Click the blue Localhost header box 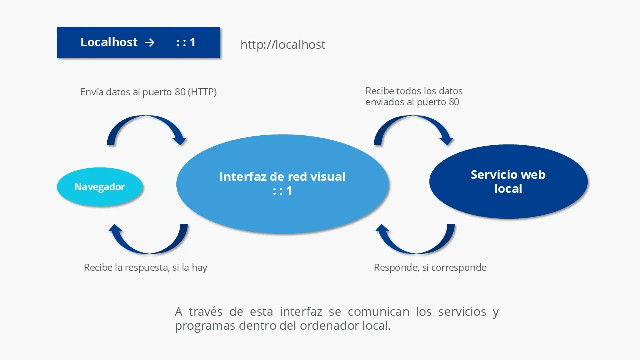pyautogui.click(x=138, y=42)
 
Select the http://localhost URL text pyautogui.click(x=283, y=45)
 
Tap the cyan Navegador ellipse pyautogui.click(x=100, y=187)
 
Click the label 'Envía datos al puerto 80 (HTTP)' pyautogui.click(x=148, y=92)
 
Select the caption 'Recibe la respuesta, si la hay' pyautogui.click(x=145, y=268)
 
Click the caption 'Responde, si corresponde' pyautogui.click(x=430, y=268)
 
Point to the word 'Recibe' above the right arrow pyautogui.click(x=379, y=91)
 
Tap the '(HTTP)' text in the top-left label pyautogui.click(x=202, y=92)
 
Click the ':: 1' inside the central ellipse pyautogui.click(x=282, y=191)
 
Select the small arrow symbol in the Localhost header pyautogui.click(x=149, y=42)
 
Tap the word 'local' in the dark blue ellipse pyautogui.click(x=508, y=189)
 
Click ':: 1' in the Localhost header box pyautogui.click(x=186, y=42)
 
